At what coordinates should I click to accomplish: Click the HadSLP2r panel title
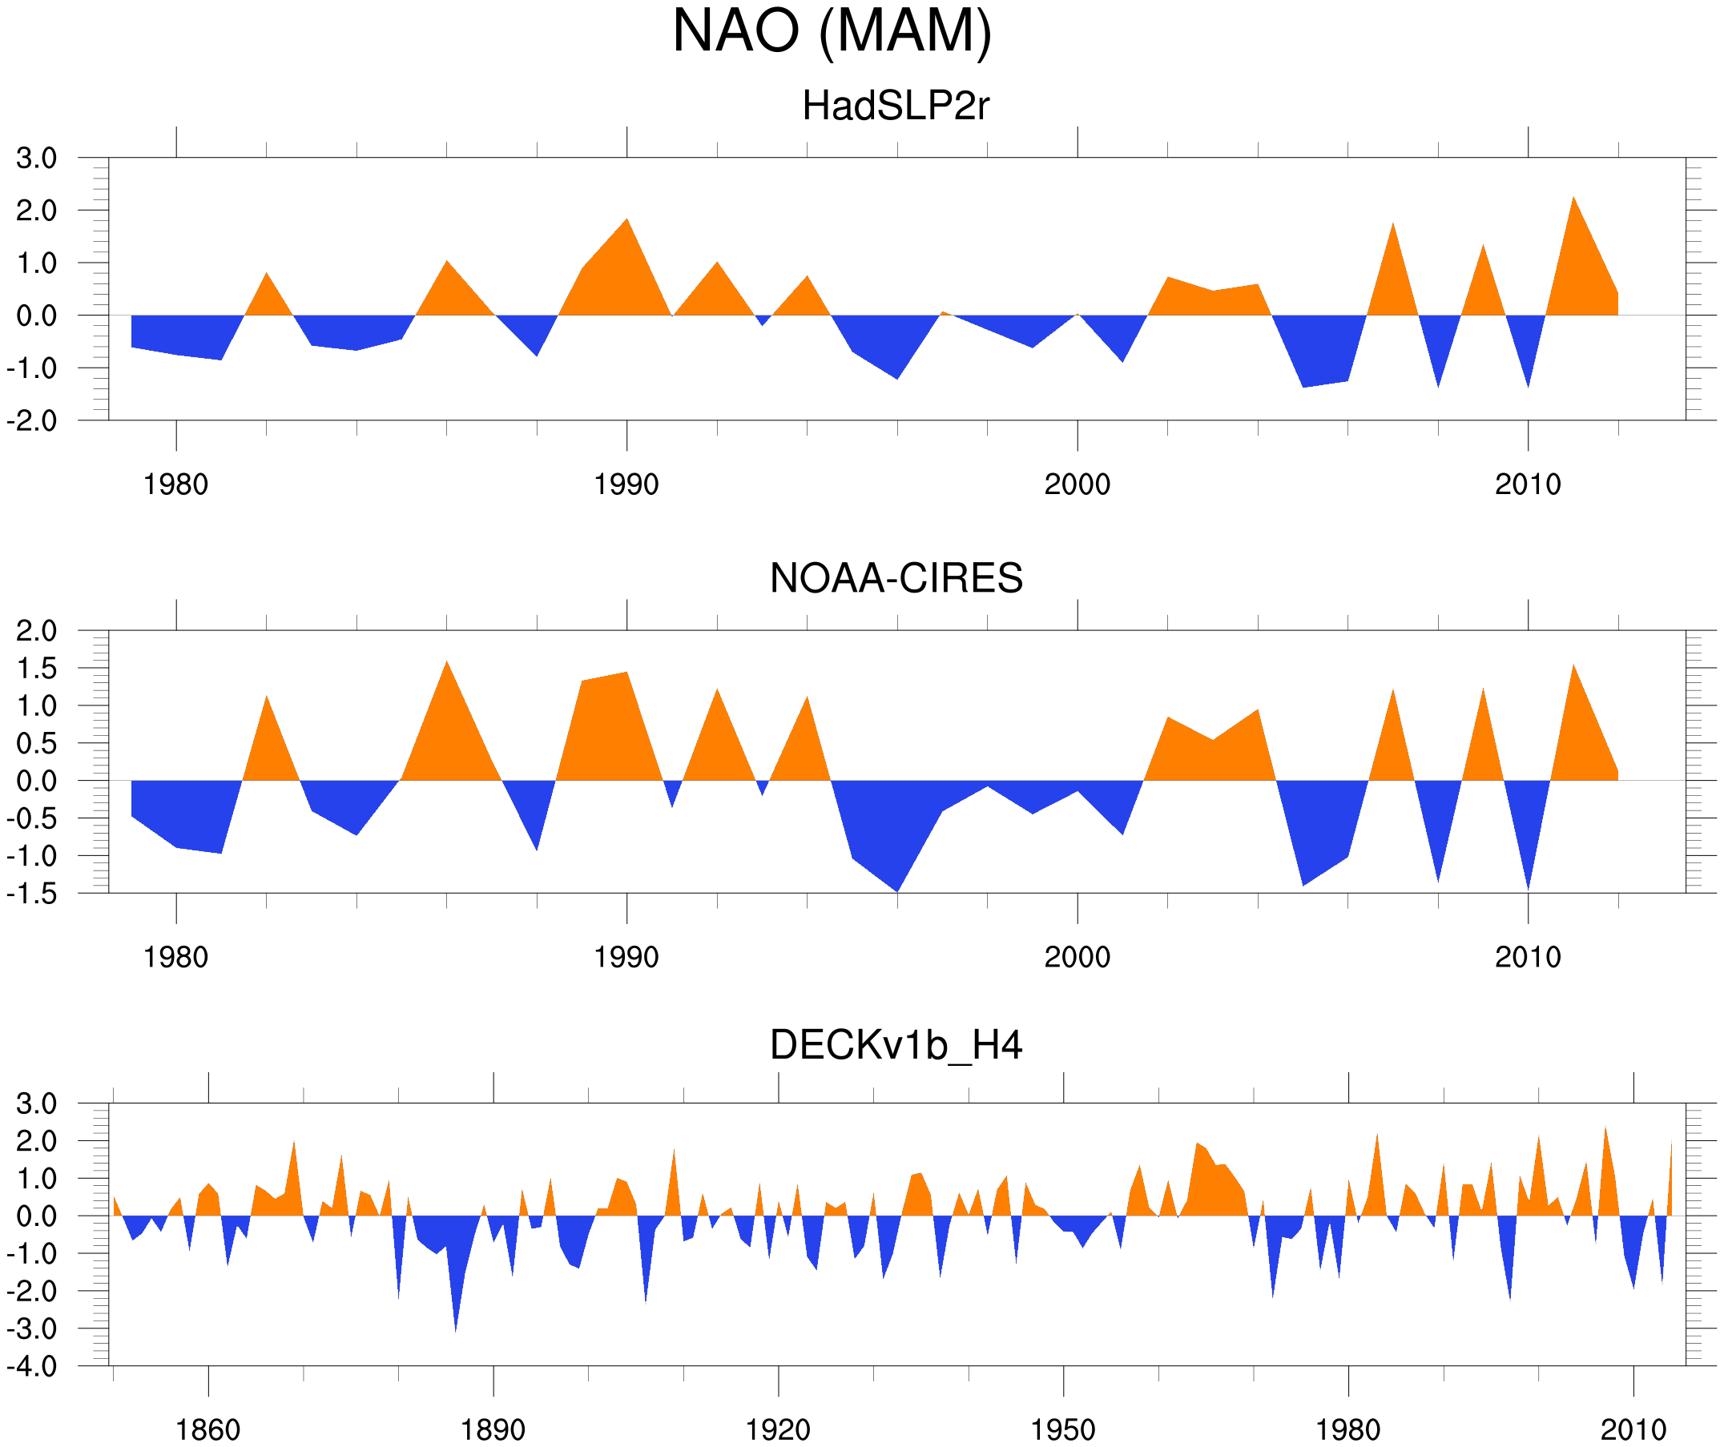[x=896, y=106]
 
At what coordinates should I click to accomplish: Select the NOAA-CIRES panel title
[x=896, y=579]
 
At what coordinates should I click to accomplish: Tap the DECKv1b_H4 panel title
[x=896, y=1046]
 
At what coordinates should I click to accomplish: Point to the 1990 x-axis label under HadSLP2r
[x=626, y=484]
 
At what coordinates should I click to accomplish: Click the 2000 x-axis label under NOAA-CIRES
[x=1077, y=957]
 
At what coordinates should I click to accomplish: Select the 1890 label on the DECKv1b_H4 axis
[x=493, y=1429]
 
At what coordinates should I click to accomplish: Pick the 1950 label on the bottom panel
[x=1063, y=1429]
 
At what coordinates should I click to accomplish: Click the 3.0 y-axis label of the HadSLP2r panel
[x=37, y=159]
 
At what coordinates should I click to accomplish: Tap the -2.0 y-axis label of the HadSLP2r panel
[x=33, y=421]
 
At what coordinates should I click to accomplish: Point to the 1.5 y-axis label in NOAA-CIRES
[x=37, y=669]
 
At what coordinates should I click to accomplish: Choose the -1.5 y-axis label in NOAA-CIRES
[x=33, y=894]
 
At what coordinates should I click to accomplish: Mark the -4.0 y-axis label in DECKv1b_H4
[x=33, y=1367]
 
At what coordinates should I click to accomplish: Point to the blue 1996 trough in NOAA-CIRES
[x=896, y=883]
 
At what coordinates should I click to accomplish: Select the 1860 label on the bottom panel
[x=207, y=1429]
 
